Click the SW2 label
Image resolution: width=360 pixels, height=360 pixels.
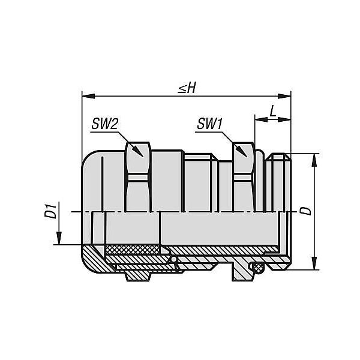(x=104, y=124)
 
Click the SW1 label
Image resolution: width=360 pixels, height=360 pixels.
(x=209, y=124)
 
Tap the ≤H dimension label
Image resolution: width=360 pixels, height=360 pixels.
(x=187, y=88)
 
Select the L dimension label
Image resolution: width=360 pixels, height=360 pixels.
(x=273, y=112)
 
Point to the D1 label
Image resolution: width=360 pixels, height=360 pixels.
(x=50, y=211)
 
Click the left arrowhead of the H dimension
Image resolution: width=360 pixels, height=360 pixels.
(x=88, y=96)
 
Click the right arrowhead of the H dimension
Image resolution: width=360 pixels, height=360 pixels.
(x=284, y=96)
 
